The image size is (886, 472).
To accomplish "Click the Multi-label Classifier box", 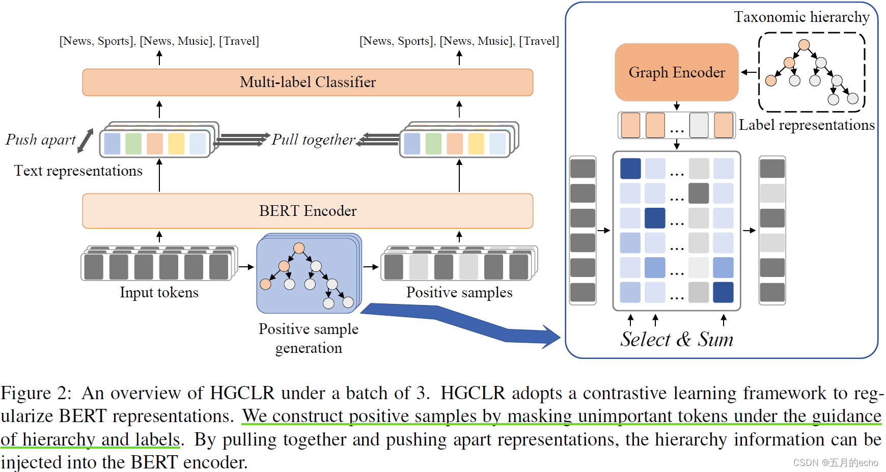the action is pyautogui.click(x=308, y=82).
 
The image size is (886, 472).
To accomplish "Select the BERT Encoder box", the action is pyautogui.click(x=308, y=211).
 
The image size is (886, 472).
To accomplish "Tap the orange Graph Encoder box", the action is pyautogui.click(x=677, y=72).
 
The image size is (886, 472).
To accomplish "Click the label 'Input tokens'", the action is pyautogui.click(x=159, y=293).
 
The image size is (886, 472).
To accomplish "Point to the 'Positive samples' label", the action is pyautogui.click(x=459, y=293).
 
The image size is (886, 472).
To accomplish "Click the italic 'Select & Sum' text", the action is pyautogui.click(x=677, y=339).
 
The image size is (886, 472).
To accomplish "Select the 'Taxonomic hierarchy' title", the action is pyautogui.click(x=802, y=17).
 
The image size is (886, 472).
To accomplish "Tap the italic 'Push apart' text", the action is pyautogui.click(x=41, y=140).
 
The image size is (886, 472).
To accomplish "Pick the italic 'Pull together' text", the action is pyautogui.click(x=313, y=140).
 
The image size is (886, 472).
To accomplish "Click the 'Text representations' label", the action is pyautogui.click(x=78, y=171).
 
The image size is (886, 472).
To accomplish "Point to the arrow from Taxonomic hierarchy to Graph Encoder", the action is pyautogui.click(x=749, y=72).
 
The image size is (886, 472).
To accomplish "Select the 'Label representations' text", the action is pyautogui.click(x=807, y=125).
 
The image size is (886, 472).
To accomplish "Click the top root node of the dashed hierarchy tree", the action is pyautogui.click(x=804, y=45).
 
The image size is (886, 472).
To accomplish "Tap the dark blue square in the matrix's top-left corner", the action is pyautogui.click(x=630, y=169).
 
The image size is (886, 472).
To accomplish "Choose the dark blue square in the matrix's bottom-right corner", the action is pyautogui.click(x=723, y=292).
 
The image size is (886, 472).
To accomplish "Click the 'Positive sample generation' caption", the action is pyautogui.click(x=309, y=339).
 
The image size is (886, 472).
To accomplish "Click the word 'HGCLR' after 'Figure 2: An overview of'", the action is pyautogui.click(x=242, y=393).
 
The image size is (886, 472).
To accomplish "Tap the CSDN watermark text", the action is pyautogui.click(x=836, y=463).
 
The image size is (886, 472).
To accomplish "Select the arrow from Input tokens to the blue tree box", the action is pyautogui.click(x=246, y=267).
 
